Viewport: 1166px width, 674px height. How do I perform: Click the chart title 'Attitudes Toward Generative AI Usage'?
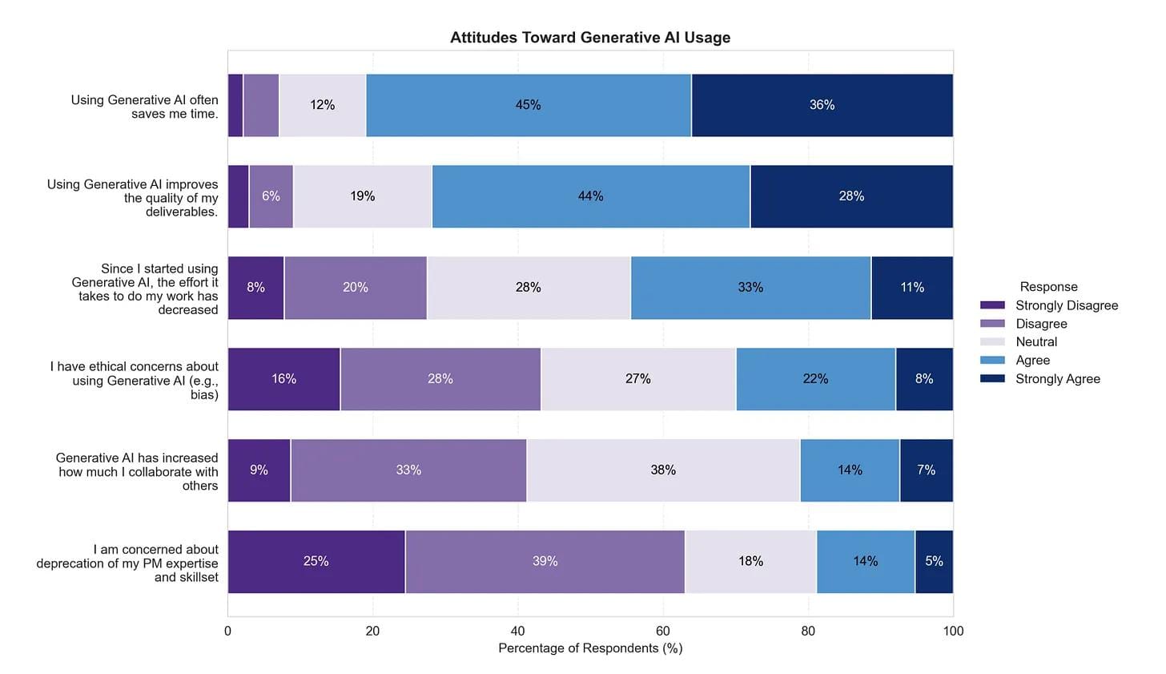[589, 38]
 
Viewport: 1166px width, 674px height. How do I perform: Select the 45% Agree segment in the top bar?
[529, 105]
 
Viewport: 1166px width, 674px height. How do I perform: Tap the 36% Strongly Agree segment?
[822, 105]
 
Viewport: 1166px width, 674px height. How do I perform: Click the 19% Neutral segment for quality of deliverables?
[363, 196]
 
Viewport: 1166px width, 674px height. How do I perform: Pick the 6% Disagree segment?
[271, 196]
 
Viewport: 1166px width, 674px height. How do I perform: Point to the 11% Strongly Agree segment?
[912, 288]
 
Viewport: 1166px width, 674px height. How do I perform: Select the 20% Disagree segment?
[356, 288]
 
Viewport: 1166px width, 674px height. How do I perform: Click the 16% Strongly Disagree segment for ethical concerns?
[284, 379]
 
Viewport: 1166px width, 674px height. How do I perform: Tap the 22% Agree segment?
[815, 379]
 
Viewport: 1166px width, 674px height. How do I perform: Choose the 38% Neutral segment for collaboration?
[663, 470]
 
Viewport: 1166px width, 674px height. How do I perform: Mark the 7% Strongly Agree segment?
[926, 470]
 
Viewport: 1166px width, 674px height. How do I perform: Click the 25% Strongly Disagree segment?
[316, 562]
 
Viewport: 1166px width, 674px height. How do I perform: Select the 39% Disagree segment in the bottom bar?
[545, 562]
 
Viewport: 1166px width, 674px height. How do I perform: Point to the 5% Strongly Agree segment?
[934, 562]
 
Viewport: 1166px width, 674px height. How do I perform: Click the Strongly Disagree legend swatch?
[992, 305]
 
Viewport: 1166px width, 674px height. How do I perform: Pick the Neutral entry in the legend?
[1036, 342]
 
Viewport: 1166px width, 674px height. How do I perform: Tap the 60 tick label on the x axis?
[663, 632]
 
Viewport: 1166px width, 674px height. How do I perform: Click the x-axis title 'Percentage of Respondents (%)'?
[590, 648]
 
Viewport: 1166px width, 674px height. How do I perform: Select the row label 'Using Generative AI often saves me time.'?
[144, 107]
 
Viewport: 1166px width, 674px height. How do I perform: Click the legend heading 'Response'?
[1048, 287]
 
